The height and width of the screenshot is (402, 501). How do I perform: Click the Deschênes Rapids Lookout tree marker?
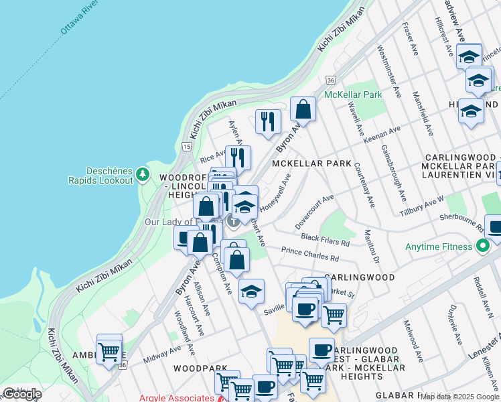[x=142, y=175]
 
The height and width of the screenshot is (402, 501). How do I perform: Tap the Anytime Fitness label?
[x=439, y=246]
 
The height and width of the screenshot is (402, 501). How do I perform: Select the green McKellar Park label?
[x=352, y=94]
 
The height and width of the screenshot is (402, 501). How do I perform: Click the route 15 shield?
[x=186, y=146]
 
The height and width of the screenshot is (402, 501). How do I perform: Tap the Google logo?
[x=21, y=394]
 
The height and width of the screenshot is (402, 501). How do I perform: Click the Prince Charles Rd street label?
[x=310, y=254]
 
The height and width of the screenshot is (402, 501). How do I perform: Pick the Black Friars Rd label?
[x=326, y=240]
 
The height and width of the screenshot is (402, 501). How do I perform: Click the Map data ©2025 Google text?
[x=459, y=397]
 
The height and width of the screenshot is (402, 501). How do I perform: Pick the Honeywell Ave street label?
[x=275, y=194]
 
